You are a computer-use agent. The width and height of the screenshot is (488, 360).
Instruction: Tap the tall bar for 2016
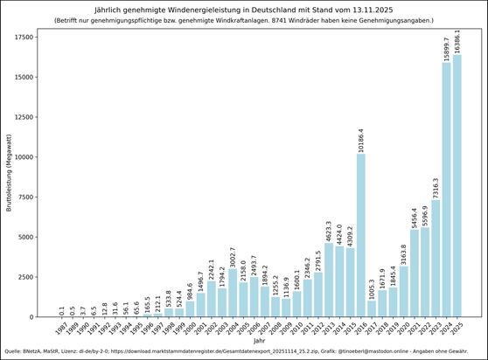[360, 235]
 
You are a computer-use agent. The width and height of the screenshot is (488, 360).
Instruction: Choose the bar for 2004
[233, 293]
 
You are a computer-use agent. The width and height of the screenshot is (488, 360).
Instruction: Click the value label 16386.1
[457, 40]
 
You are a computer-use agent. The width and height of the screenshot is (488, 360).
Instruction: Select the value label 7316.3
[436, 186]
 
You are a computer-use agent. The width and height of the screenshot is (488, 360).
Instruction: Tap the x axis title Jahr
[259, 341]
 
